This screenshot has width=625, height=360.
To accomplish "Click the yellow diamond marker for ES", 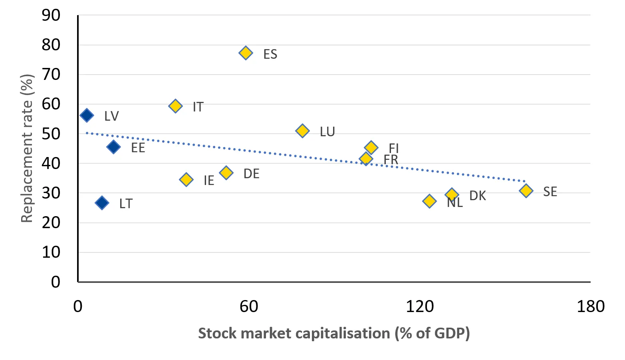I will click(246, 53).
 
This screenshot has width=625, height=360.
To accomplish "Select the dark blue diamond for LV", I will click(87, 115).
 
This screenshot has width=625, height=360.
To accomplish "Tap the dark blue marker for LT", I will click(102, 203).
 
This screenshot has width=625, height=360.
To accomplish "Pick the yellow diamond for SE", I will click(526, 191).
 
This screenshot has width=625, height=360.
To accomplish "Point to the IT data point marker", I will click(175, 106).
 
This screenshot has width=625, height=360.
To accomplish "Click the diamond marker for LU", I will click(302, 131).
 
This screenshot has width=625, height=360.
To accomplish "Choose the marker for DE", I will click(226, 173).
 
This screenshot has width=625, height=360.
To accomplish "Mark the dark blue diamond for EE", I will click(113, 147).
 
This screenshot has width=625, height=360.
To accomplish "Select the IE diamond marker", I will click(186, 180).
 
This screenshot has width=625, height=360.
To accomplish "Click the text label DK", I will click(477, 196).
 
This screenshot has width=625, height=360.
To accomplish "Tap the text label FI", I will click(394, 148).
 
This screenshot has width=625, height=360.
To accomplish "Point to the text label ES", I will click(270, 54).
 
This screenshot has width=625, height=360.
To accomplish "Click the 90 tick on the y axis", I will click(51, 16).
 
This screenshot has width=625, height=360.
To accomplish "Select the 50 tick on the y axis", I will click(51, 134).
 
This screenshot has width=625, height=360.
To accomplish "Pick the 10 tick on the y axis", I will click(51, 252).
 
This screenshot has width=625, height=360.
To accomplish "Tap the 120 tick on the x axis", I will click(420, 306).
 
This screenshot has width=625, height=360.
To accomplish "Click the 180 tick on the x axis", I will click(590, 306).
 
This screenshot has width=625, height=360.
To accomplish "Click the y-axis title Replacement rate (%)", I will click(27, 149).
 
